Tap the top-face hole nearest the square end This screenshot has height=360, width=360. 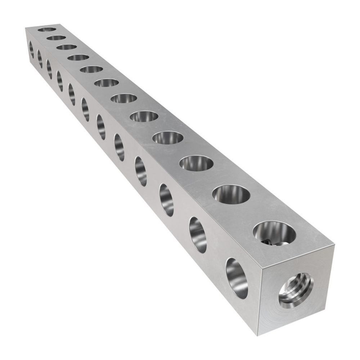coord(274,233)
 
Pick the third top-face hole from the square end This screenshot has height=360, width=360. coord(196,163)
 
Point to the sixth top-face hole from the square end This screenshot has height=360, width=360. coord(124,98)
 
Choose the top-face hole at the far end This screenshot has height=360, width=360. coord(47,29)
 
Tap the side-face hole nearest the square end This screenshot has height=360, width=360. coord(237,278)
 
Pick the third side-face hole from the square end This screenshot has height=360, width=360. coord(166,200)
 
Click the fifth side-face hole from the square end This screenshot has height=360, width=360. coord(119,147)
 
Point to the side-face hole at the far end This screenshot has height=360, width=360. coord(31,49)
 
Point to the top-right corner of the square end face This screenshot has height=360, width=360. coord(334,245)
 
